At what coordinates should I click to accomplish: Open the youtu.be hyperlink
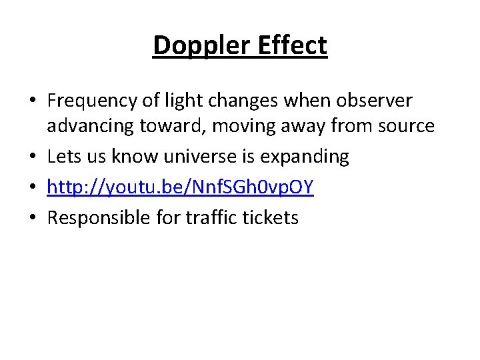point(181,187)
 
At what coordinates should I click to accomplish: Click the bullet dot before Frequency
point(33,102)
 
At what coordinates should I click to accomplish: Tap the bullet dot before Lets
point(33,157)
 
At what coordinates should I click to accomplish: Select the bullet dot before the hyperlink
point(33,187)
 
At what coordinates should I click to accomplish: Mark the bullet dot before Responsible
point(33,217)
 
